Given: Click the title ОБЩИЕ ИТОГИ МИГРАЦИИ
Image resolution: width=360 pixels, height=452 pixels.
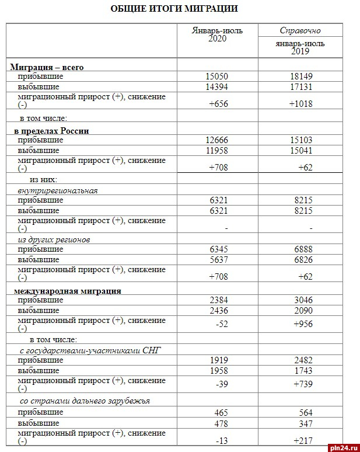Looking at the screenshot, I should tap(174, 9).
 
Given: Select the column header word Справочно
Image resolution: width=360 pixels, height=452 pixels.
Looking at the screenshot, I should tap(300, 30).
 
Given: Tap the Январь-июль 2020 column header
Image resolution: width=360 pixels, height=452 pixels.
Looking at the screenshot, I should tap(218, 34).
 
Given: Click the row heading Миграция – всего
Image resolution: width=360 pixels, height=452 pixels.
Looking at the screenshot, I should tap(47, 67).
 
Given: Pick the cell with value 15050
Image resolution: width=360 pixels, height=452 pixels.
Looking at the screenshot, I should tap(218, 77).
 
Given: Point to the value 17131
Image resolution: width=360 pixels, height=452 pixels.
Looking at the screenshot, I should tap(300, 86).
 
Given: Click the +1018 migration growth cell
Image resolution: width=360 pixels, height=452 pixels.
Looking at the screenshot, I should tap(300, 104).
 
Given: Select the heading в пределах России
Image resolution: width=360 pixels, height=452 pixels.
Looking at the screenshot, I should tap(51, 131).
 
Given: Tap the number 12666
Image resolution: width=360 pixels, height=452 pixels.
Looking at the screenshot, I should tap(218, 140).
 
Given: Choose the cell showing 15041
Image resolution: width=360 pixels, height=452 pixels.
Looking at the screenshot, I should tap(300, 150).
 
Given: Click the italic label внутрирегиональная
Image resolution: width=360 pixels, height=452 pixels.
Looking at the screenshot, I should tap(58, 190).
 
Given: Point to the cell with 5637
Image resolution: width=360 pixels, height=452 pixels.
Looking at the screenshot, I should tap(218, 259).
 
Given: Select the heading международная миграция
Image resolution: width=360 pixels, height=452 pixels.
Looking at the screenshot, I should tap(67, 290).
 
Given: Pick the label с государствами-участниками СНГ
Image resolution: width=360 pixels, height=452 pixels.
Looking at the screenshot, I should tap(81, 350).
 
